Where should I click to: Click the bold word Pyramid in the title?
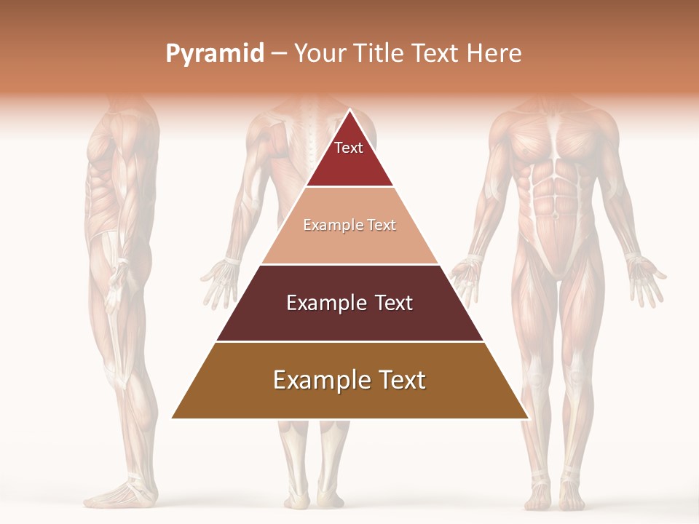215,54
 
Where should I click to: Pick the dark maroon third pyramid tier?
349,303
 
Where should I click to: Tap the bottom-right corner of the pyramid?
527,418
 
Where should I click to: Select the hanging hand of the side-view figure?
115,287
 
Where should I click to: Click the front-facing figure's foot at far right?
572,495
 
